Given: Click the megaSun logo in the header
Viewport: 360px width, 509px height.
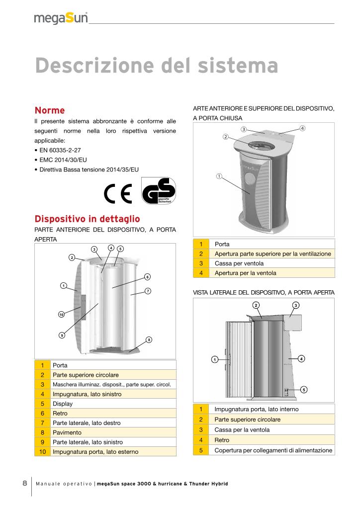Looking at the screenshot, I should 61,18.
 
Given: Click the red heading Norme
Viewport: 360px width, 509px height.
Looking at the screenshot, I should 50,110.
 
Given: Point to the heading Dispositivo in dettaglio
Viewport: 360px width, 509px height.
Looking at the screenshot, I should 87,219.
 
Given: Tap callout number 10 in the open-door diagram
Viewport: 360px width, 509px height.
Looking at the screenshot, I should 61,314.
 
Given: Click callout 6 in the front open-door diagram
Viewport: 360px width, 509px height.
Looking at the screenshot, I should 147,276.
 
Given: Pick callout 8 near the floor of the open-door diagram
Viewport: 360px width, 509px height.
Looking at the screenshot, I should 148,339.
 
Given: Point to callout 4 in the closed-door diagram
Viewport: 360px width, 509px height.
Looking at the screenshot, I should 302,128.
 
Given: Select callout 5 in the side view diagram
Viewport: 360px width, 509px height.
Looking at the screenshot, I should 304,389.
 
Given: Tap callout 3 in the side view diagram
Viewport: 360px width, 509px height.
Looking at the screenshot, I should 296,304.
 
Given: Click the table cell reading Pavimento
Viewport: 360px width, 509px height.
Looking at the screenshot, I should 68,432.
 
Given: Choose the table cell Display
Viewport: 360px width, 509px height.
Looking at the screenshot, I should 63,404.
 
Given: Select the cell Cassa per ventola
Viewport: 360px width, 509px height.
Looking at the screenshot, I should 239,263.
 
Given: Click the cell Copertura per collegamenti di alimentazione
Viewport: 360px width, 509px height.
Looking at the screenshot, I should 273,450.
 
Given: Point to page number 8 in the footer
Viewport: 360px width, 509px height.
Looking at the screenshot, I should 25,484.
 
